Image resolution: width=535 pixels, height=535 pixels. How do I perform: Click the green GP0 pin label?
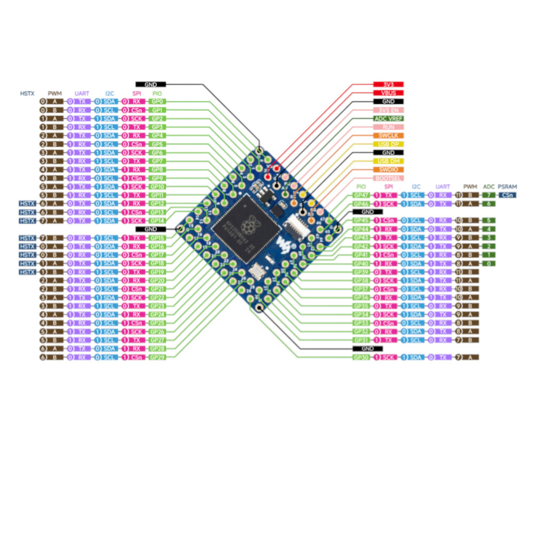(x=157, y=101)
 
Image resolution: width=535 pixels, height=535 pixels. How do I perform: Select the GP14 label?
(x=157, y=220)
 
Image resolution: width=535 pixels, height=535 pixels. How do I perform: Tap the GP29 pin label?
(x=157, y=357)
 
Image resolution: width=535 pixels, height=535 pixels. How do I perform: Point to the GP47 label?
(x=362, y=195)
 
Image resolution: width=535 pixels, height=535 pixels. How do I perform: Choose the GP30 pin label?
(x=362, y=357)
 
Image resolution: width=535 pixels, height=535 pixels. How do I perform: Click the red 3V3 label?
(x=388, y=85)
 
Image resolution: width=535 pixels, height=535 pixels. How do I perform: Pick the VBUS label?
(x=388, y=93)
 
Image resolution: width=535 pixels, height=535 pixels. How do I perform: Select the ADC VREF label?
(x=388, y=118)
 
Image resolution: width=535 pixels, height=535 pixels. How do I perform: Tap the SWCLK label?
(x=388, y=135)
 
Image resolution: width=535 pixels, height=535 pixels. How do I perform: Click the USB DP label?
(x=388, y=144)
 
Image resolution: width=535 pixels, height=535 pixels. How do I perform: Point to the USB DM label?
(x=388, y=161)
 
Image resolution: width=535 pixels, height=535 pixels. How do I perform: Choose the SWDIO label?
(x=388, y=170)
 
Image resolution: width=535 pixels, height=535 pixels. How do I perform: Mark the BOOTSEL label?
(x=388, y=178)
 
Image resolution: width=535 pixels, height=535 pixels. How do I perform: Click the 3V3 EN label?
(x=388, y=110)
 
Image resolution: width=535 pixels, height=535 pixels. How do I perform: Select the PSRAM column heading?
(x=507, y=187)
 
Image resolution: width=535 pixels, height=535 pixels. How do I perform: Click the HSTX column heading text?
(x=27, y=93)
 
